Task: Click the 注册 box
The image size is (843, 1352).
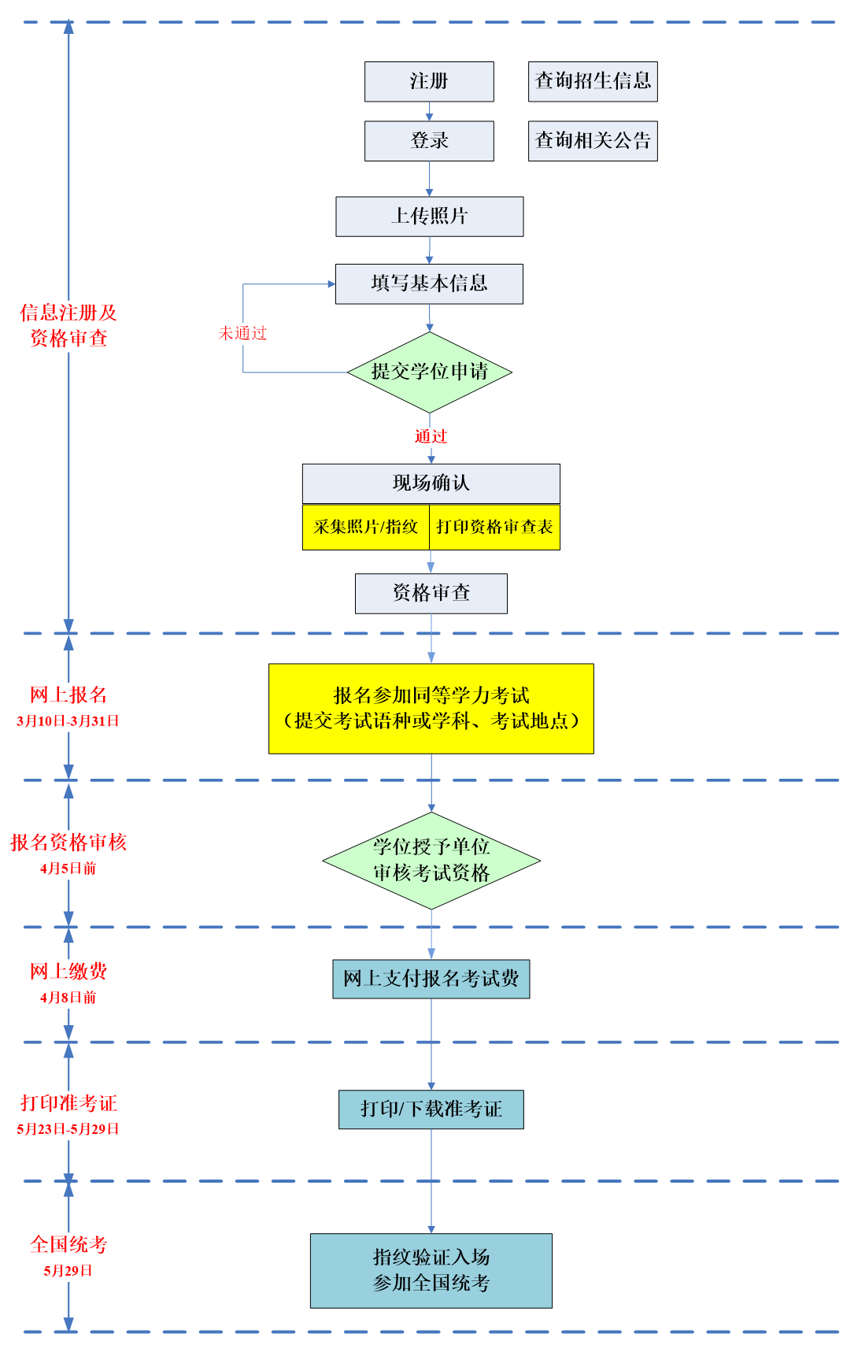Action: (429, 82)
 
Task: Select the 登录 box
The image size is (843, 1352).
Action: (429, 141)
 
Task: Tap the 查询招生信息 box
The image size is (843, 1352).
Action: (593, 82)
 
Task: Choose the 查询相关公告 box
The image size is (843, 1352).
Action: (593, 141)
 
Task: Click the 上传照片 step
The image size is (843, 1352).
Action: (429, 217)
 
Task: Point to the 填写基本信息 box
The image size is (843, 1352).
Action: (429, 283)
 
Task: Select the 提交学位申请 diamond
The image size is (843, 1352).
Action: (429, 372)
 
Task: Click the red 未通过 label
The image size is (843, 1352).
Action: (242, 334)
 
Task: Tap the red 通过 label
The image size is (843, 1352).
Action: (431, 436)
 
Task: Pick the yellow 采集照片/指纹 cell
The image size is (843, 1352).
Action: (366, 527)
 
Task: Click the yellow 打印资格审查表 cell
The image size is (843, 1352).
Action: (494, 527)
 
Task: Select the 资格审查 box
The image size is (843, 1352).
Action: (431, 593)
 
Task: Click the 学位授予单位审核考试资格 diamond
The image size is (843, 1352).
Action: (431, 860)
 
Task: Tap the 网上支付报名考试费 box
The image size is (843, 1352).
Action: (431, 979)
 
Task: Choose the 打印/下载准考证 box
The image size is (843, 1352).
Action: (431, 1109)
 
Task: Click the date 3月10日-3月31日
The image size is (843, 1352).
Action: (68, 721)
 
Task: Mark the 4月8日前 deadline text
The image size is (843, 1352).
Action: (68, 998)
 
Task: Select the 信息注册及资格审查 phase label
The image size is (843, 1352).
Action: (68, 326)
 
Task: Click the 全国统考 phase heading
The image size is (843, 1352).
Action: (68, 1245)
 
